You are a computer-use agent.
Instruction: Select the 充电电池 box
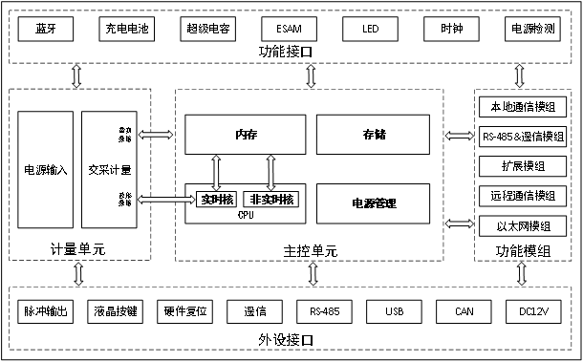pyautogui.click(x=124, y=30)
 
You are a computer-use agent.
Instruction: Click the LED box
pyautogui.click(x=370, y=30)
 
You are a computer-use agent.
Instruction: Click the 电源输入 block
pyautogui.click(x=45, y=170)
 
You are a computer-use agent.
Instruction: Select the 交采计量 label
pyautogui.click(x=108, y=170)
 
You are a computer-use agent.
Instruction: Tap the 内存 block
pyautogui.click(x=246, y=134)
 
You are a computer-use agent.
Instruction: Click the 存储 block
pyautogui.click(x=374, y=134)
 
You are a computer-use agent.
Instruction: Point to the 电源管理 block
pyautogui.click(x=374, y=203)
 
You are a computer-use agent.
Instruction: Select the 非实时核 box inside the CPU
pyautogui.click(x=270, y=199)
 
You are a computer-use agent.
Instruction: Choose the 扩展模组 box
pyautogui.click(x=522, y=165)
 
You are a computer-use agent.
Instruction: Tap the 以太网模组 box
pyautogui.click(x=522, y=226)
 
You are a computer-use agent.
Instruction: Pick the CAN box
pyautogui.click(x=464, y=312)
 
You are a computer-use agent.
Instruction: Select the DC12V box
pyautogui.click(x=532, y=312)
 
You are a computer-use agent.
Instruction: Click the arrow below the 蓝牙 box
pyautogui.click(x=77, y=75)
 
